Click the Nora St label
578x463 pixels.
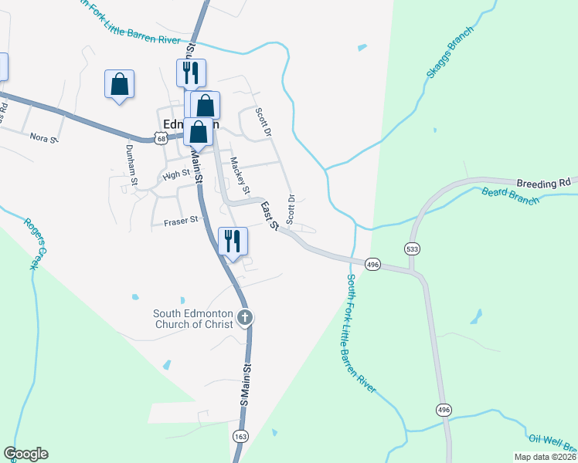[43, 138]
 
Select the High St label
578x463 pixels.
[176, 175]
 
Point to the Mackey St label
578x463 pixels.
[241, 177]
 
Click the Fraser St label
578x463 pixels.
[182, 221]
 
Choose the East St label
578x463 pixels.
[270, 215]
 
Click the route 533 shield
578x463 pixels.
[411, 248]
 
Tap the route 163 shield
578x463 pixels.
[241, 437]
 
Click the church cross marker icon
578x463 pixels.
[244, 317]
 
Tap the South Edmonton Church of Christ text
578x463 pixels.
[193, 319]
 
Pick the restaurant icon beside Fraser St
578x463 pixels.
[232, 241]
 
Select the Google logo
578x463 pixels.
[25, 454]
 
